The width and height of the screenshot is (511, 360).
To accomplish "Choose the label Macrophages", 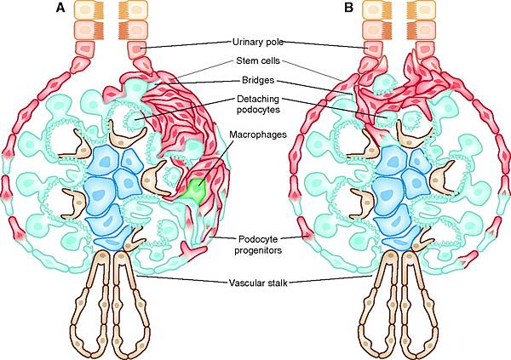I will coord(255,134).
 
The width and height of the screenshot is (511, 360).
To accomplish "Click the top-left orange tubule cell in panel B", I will coord(375,10).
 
